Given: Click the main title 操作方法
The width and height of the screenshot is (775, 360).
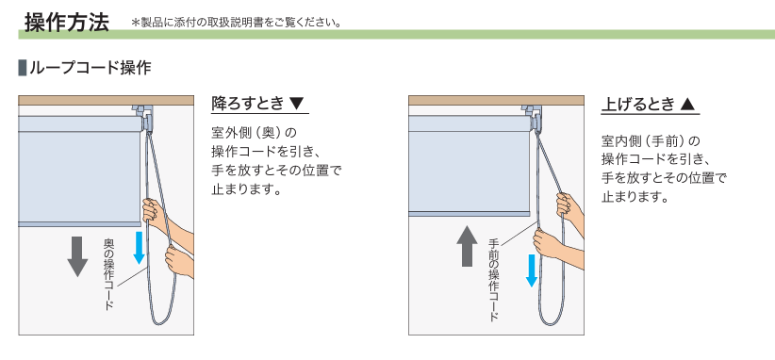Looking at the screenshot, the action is click(67, 23).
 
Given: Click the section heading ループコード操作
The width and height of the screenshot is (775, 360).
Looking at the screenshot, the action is click(90, 68).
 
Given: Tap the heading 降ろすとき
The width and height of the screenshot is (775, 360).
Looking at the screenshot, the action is click(248, 104).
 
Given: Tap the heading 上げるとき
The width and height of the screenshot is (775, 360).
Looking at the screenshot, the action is click(638, 105).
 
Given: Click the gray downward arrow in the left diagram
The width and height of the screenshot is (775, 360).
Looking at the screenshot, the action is click(77, 256).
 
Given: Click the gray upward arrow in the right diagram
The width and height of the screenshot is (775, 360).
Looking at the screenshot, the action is click(467, 246).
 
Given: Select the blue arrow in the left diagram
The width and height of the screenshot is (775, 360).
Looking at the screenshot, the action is click(139, 248).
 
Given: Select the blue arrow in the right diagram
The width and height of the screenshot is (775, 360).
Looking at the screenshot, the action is click(532, 270).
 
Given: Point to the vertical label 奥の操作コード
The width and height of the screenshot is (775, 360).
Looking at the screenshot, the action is click(109, 274).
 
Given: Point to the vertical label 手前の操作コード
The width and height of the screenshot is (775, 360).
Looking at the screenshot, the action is click(494, 280).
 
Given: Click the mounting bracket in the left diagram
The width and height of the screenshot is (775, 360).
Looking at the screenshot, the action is click(144, 117).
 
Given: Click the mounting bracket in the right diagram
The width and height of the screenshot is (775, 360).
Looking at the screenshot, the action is click(535, 117).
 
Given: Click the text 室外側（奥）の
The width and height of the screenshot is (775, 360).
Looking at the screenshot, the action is click(254, 133).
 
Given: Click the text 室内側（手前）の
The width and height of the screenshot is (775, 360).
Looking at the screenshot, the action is click(651, 141).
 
